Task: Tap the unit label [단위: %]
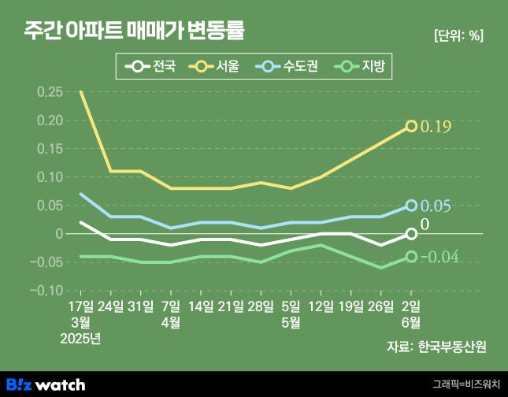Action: [458, 35]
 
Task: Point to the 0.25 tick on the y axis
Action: [50, 92]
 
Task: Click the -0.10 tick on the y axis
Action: [48, 291]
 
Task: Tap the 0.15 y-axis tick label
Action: [50, 149]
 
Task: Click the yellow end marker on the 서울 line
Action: [411, 126]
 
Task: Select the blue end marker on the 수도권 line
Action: [411, 206]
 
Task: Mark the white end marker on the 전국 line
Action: [411, 234]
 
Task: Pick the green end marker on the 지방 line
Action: [411, 256]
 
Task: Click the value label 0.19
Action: [436, 127]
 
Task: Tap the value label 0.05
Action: [436, 206]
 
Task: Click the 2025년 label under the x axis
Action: [80, 339]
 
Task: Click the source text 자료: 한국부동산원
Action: [436, 347]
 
